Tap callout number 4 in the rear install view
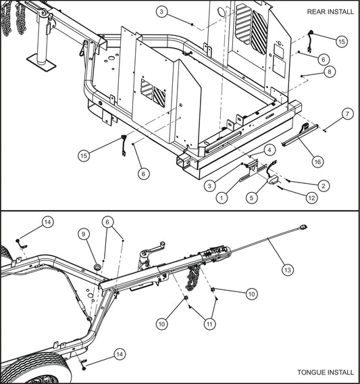tap(268, 149)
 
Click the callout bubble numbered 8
tap(329, 71)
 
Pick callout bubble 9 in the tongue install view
tap(84, 234)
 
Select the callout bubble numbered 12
tap(311, 197)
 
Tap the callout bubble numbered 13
tap(287, 270)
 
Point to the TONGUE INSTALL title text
tap(325, 373)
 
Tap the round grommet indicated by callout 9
tap(99, 268)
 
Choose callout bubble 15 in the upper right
tap(341, 42)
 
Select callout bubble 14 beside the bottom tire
tap(120, 354)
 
